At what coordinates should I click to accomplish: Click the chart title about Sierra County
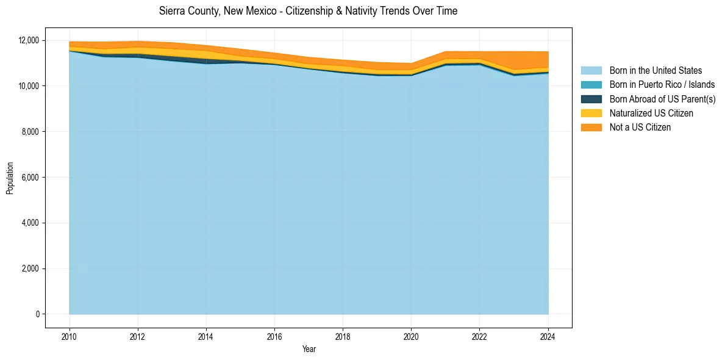(308, 11)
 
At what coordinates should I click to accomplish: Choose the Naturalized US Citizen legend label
(651, 113)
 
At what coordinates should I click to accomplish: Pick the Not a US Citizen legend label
(640, 128)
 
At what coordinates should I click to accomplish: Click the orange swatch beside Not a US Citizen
(591, 128)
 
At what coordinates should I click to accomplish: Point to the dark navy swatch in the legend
(591, 99)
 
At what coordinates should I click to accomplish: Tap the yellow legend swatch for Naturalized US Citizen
(591, 113)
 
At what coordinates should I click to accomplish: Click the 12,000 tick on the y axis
(29, 40)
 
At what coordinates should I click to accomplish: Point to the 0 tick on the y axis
(37, 314)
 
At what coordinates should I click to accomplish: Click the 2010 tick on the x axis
(70, 336)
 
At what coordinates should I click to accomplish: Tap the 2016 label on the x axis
(274, 336)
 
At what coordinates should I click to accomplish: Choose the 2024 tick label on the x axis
(548, 336)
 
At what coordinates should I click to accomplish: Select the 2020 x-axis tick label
(411, 336)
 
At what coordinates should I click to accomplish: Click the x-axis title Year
(309, 349)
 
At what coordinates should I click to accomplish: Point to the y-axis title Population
(10, 178)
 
